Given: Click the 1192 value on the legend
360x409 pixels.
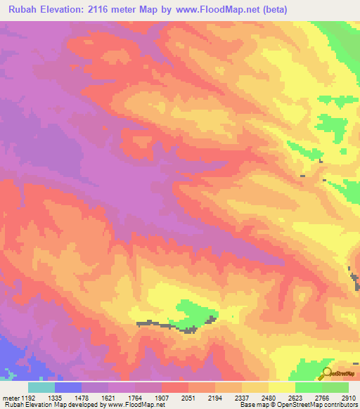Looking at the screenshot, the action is tap(28, 397).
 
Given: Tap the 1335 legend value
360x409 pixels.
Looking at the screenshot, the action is tap(55, 397).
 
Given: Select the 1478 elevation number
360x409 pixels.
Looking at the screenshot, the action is tap(82, 397).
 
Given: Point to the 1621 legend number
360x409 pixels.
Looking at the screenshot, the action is tap(108, 397).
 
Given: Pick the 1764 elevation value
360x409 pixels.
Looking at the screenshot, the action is tap(135, 397).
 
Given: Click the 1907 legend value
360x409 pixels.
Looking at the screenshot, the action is tap(162, 397).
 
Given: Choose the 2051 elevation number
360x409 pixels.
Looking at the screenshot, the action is tap(188, 397).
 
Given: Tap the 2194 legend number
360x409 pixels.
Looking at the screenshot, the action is tap(215, 397).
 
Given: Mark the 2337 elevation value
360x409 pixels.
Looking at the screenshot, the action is tap(242, 397).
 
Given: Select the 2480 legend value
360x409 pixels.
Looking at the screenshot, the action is tap(269, 397).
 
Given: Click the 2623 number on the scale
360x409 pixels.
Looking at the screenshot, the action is tap(295, 397).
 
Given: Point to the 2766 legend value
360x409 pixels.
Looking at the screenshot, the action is tap(322, 397).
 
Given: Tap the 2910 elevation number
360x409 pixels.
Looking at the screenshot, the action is tap(348, 397).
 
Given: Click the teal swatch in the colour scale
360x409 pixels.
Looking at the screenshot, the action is tap(41, 387).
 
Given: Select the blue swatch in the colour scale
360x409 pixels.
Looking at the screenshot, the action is tap(68, 387).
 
